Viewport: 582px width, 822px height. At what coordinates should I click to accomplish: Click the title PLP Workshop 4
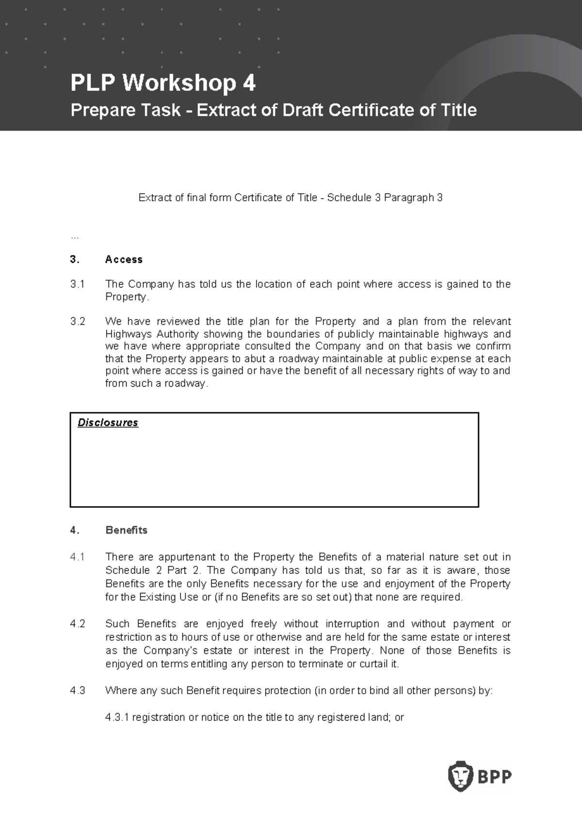[162, 83]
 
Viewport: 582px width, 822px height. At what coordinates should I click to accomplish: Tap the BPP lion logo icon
[460, 776]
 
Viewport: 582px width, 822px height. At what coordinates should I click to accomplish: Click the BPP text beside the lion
[494, 777]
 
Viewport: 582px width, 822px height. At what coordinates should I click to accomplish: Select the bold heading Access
[124, 259]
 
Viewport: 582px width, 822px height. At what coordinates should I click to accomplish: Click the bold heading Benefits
[126, 530]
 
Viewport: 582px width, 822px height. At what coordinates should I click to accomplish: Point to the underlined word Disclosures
[108, 423]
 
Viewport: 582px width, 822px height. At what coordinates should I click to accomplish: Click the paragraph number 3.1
[77, 284]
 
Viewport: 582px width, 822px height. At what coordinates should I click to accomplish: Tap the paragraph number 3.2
[77, 321]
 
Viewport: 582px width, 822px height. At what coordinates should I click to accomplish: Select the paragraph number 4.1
[77, 557]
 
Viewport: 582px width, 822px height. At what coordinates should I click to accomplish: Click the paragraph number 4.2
[77, 624]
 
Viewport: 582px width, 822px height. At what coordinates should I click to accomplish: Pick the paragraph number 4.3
[77, 690]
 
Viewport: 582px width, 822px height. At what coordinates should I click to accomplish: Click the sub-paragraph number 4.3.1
[117, 717]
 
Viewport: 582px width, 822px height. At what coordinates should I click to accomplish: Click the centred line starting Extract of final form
[290, 198]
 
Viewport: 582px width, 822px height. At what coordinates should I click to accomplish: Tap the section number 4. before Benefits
[74, 530]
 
